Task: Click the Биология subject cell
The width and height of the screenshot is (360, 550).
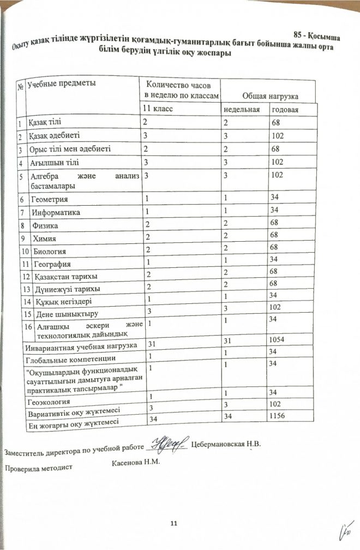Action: point(50,252)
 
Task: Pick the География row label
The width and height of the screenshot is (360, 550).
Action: point(52,265)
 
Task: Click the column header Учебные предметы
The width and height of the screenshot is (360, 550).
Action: point(61,83)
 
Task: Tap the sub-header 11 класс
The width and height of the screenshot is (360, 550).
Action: point(157,109)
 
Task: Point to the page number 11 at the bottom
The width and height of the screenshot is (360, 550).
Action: point(174,524)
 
